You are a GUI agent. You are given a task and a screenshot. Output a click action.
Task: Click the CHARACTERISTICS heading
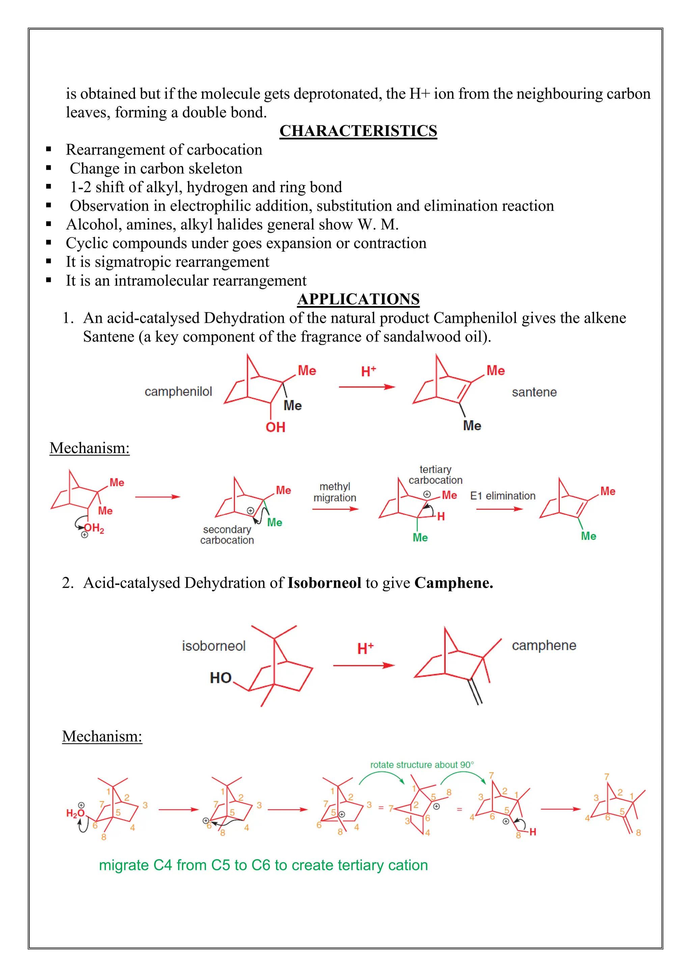point(358,131)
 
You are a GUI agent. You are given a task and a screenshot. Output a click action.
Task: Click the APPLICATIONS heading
point(358,299)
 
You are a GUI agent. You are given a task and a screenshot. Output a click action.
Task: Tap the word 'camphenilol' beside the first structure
point(178,391)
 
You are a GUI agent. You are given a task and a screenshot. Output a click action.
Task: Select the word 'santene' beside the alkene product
point(534,392)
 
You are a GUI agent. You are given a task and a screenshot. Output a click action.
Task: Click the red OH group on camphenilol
point(275,427)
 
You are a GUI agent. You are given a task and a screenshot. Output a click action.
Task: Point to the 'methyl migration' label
point(335,492)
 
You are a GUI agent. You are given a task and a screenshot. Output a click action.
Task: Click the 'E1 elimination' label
point(502,496)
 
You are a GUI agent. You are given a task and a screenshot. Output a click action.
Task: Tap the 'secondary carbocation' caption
point(227,535)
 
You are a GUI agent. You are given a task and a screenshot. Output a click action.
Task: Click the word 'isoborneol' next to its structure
point(214,646)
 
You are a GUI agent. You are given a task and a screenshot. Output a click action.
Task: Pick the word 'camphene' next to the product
point(544,645)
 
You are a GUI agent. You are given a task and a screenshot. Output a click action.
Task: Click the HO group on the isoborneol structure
point(220,678)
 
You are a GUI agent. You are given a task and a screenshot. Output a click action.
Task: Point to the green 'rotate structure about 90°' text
point(422,765)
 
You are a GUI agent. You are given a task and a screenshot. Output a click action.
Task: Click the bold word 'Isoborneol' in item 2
point(324,583)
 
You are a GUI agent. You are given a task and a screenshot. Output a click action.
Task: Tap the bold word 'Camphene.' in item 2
point(453,583)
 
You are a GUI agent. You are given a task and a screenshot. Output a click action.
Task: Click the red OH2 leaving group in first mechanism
point(94,529)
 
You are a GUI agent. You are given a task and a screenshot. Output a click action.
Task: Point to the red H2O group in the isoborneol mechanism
point(75,814)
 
